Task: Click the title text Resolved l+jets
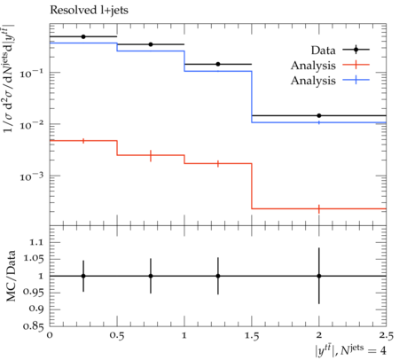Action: click(89, 11)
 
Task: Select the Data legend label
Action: click(323, 51)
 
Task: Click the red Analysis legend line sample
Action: click(356, 65)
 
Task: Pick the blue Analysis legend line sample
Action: click(356, 80)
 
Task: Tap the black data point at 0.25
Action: click(83, 36)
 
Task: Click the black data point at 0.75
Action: click(151, 44)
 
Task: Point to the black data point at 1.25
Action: click(218, 64)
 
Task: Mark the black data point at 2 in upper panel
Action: click(319, 115)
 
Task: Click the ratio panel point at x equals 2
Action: click(319, 276)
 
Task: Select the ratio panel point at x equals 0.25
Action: click(83, 276)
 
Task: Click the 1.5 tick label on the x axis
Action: click(252, 336)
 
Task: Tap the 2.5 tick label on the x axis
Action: click(387, 336)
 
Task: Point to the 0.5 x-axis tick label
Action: click(117, 336)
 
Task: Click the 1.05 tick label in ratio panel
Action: click(33, 259)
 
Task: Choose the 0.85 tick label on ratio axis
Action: click(33, 326)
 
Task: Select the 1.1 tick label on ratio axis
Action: click(36, 242)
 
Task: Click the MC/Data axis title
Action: click(11, 276)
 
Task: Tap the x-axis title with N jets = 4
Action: click(350, 349)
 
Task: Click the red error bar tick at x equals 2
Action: click(319, 208)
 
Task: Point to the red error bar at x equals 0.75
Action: click(151, 155)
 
